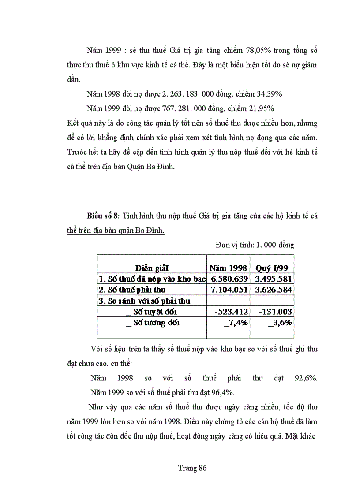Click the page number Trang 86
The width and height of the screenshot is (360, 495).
[x=192, y=468]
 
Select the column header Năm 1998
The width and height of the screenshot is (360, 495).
[x=228, y=268]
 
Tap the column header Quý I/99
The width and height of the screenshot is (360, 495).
[x=272, y=268]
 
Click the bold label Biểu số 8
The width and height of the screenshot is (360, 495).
[x=103, y=216]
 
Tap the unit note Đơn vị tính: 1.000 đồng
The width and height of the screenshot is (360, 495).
[x=255, y=245]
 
